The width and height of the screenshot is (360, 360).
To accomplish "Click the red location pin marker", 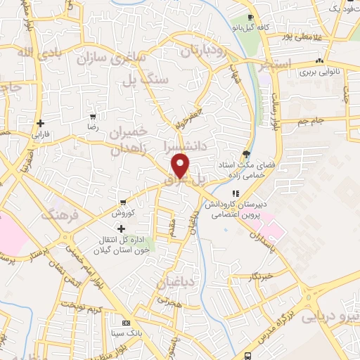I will coord(181,166).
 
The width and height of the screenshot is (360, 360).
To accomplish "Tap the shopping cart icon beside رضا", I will coord(93,117).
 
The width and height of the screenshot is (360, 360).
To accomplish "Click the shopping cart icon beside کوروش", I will coord(124,202).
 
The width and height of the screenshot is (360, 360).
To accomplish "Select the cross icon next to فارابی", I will coord(41,122).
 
